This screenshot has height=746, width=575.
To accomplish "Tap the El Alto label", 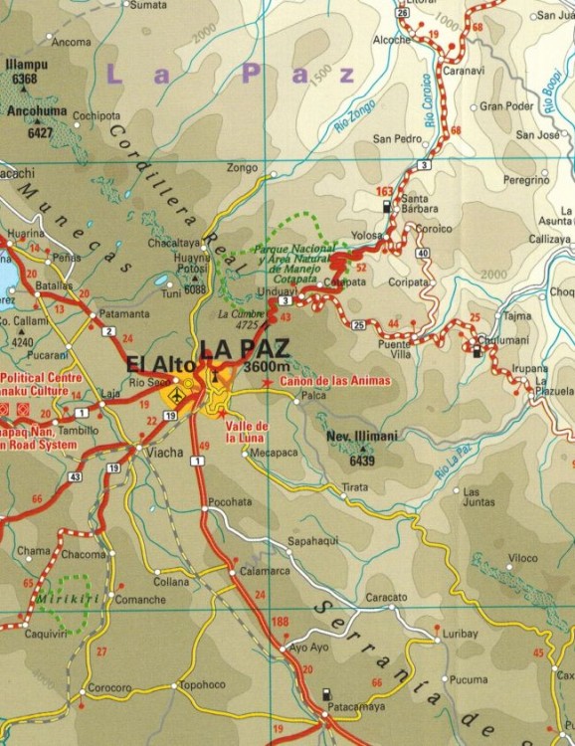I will click(160, 364).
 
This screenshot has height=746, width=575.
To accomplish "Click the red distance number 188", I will click(280, 622).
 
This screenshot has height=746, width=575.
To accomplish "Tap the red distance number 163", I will click(385, 190).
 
